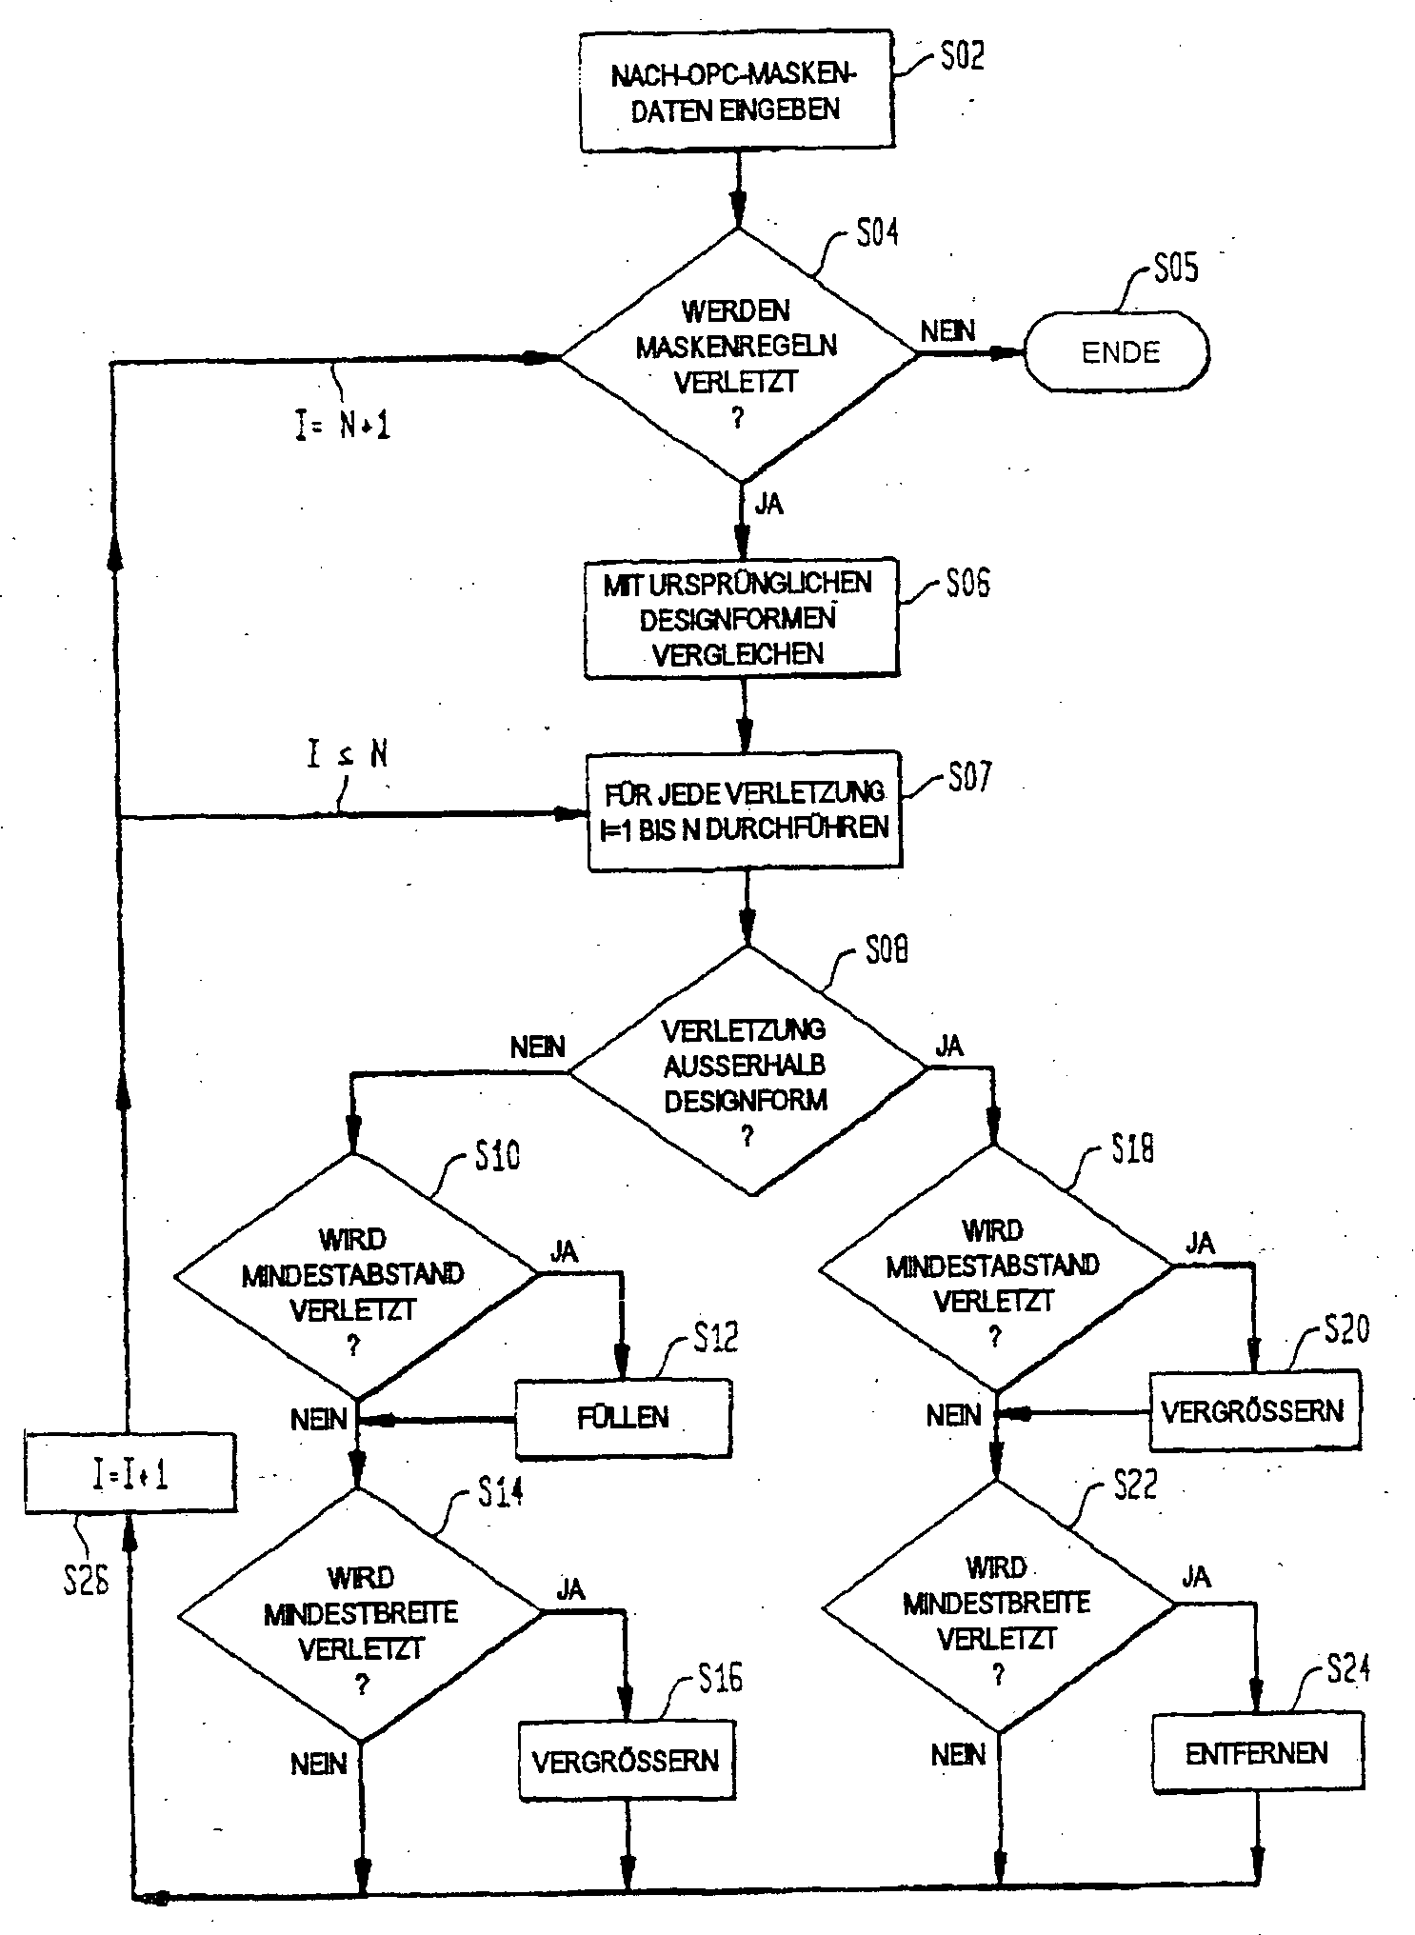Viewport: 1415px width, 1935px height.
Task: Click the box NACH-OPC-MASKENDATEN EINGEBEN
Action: tap(736, 92)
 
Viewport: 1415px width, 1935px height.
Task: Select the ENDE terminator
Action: tap(1118, 352)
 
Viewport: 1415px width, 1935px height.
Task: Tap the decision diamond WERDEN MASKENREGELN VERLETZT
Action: tap(738, 357)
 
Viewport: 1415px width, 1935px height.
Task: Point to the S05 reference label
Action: tap(1175, 269)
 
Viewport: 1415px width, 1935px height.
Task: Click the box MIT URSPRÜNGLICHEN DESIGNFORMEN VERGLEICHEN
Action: tap(741, 619)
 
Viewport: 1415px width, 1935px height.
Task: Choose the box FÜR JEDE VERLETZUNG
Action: tap(744, 811)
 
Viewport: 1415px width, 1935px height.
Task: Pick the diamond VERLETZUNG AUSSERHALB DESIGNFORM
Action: tap(747, 1071)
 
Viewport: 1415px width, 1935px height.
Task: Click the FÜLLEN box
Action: tap(624, 1418)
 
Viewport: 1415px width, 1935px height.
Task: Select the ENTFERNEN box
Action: tap(1257, 1753)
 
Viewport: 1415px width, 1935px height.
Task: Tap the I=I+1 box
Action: tap(130, 1475)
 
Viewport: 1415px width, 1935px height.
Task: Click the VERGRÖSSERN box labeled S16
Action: tap(627, 1761)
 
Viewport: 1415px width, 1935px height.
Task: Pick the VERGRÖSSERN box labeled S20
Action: tap(1254, 1410)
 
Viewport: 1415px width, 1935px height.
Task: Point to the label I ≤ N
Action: tap(348, 755)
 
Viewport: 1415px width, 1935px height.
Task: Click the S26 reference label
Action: tap(86, 1582)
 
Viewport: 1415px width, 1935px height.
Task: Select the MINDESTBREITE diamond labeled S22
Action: tap(998, 1606)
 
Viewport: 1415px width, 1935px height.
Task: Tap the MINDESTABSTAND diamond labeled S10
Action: tap(355, 1276)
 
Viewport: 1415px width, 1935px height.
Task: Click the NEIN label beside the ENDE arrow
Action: tap(947, 330)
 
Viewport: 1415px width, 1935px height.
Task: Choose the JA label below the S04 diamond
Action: tap(768, 504)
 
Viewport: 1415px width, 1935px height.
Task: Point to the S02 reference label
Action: tap(962, 57)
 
